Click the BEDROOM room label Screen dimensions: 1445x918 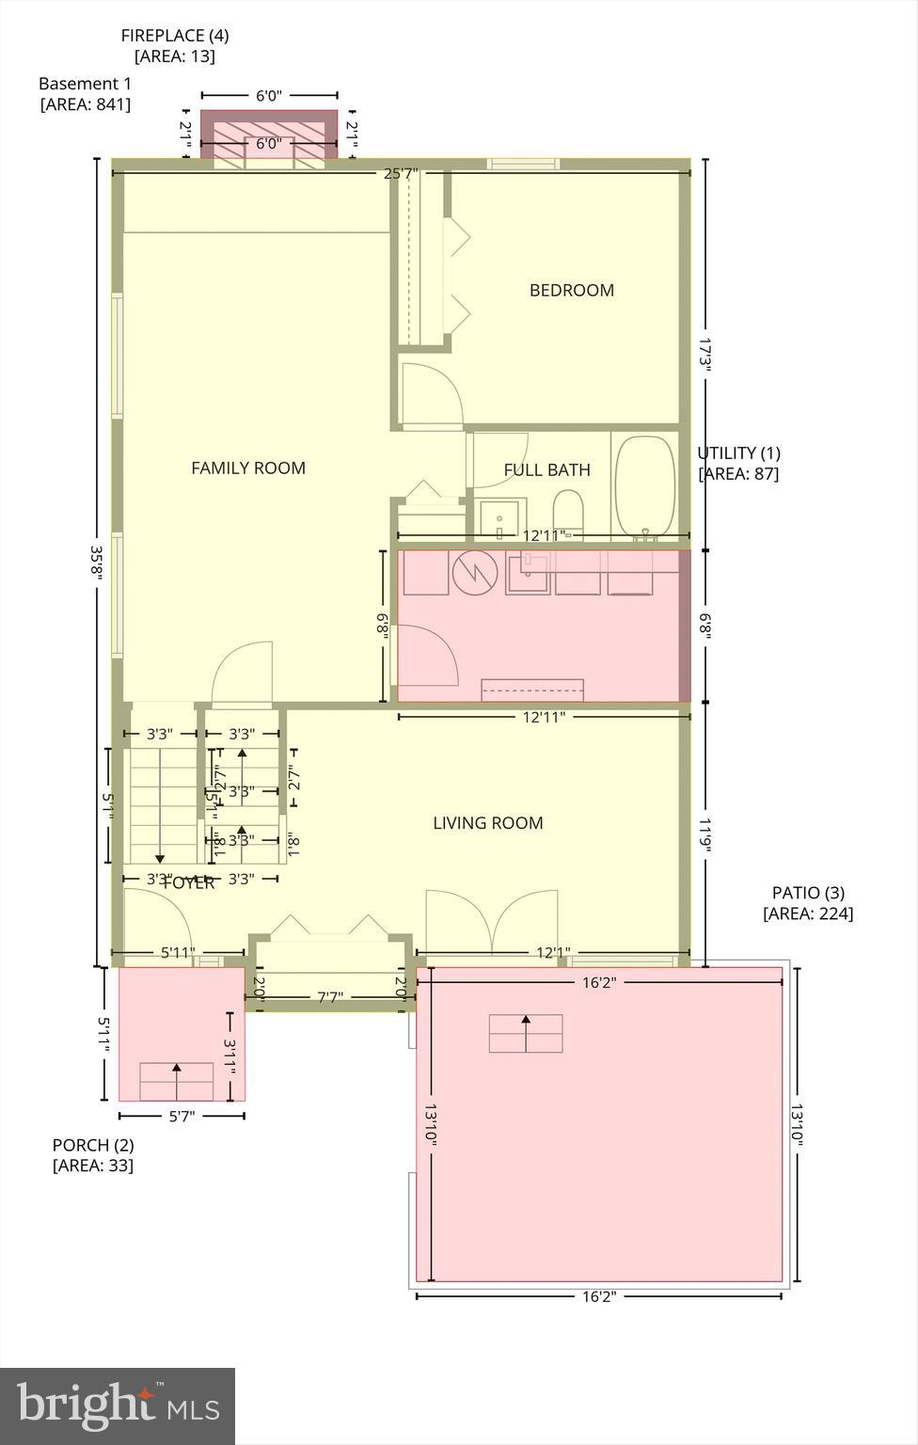[571, 291]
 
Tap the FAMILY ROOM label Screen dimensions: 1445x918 [248, 468]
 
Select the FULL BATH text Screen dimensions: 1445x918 [546, 470]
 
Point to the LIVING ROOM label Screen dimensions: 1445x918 [487, 823]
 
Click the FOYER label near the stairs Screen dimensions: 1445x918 [189, 883]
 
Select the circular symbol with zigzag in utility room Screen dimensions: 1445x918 [474, 572]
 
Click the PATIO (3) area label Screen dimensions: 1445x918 [808, 903]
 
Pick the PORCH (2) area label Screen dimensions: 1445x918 [93, 1155]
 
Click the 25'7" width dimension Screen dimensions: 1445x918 [401, 173]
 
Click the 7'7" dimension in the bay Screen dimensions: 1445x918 [329, 997]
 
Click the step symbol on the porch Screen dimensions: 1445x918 [176, 1081]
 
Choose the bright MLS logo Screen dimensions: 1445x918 [118, 1405]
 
